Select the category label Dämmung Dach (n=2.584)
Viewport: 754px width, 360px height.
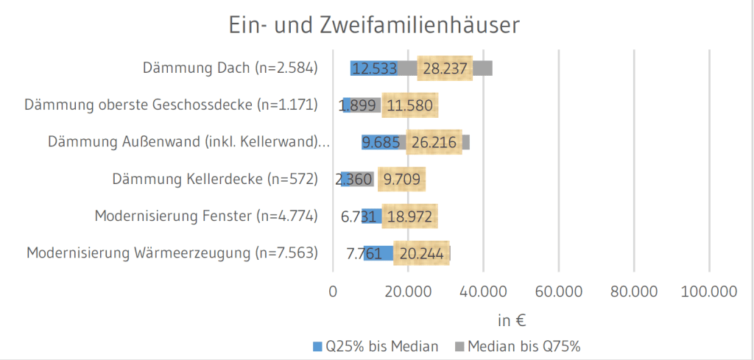230,68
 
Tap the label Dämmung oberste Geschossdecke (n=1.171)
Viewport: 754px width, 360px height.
171,105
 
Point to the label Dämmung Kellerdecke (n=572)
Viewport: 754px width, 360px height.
215,179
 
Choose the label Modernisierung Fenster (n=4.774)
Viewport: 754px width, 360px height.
206,216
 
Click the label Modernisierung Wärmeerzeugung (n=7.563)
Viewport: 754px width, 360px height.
172,253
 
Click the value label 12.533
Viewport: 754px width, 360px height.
375,68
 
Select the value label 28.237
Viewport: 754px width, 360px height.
445,68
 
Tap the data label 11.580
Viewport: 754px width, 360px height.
409,105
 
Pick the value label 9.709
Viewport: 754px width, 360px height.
401,179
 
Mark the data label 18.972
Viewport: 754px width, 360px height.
409,216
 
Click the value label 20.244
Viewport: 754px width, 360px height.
421,253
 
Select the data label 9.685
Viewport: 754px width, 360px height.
381,142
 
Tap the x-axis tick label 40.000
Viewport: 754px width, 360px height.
483,292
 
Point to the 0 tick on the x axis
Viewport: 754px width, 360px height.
333,292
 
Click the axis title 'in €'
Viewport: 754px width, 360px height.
511,320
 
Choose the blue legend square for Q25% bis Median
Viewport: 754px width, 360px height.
318,346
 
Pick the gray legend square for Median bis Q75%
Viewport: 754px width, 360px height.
460,346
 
